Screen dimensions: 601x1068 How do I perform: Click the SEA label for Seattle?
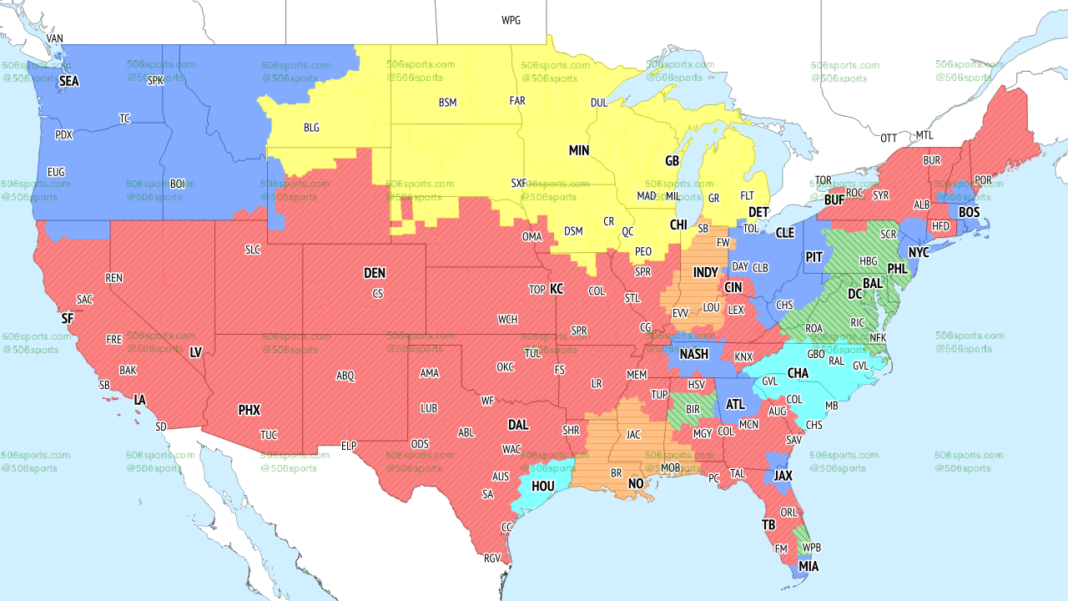(x=69, y=82)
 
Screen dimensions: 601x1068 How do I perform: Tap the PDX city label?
(x=63, y=134)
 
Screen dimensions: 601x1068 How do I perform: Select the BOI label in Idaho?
(x=177, y=183)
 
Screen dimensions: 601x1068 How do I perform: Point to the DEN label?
(x=375, y=273)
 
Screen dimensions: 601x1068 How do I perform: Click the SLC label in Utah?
(x=253, y=250)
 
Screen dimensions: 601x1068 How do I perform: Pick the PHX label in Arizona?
(x=249, y=410)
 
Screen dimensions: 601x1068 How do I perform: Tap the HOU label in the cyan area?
(x=543, y=486)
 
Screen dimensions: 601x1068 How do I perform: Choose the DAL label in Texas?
(x=518, y=425)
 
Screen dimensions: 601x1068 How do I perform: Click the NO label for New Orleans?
(x=636, y=483)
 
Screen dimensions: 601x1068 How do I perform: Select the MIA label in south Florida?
(x=809, y=567)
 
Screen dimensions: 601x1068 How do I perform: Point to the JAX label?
(x=783, y=475)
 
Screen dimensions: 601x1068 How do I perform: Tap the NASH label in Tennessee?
(x=693, y=354)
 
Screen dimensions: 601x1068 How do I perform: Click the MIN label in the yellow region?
(x=579, y=151)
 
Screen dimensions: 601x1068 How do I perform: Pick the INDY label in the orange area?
(x=705, y=273)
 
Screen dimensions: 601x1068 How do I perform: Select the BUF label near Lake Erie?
(x=834, y=200)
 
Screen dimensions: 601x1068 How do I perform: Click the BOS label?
(x=969, y=212)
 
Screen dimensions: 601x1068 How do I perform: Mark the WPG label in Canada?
(x=511, y=20)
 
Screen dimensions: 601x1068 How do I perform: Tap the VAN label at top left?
(x=55, y=38)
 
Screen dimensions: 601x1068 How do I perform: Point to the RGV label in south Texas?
(x=492, y=558)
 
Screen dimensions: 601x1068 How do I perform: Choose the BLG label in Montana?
(x=311, y=128)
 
